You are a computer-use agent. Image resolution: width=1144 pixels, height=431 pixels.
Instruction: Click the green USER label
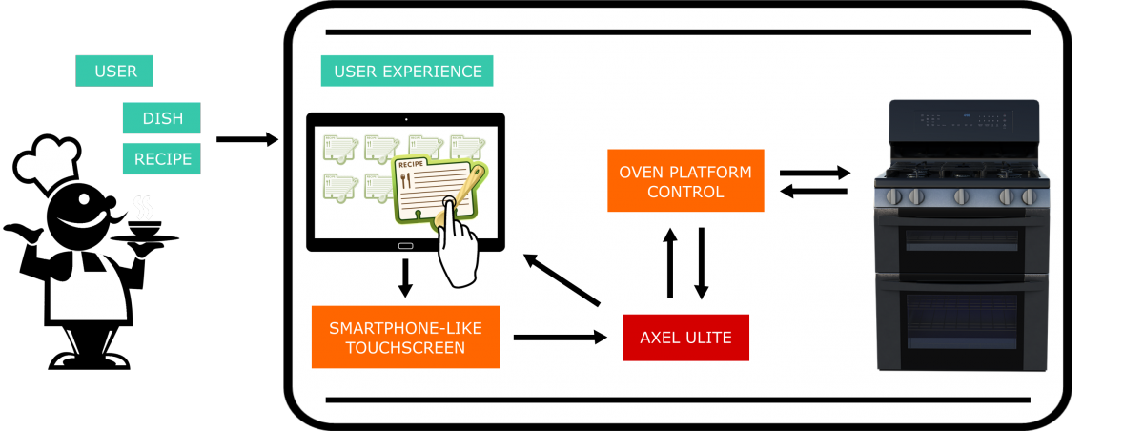114,71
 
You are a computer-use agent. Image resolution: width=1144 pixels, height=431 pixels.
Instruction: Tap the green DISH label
161,118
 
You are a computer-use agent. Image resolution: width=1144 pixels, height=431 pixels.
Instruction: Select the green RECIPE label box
161,159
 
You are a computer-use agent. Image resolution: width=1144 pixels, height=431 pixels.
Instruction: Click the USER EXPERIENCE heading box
407,72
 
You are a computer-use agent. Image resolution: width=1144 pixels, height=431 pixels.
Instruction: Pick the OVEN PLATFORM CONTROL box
685,181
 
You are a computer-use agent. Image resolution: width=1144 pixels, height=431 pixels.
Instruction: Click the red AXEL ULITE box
686,337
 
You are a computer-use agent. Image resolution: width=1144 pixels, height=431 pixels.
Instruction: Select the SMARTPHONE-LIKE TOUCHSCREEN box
405,338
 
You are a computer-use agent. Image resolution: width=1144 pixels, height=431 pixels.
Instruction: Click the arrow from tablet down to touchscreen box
405,277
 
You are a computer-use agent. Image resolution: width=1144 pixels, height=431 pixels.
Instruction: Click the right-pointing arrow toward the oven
814,173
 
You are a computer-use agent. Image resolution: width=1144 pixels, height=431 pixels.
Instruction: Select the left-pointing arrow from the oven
814,192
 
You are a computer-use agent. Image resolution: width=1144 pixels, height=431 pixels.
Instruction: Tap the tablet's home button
405,245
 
